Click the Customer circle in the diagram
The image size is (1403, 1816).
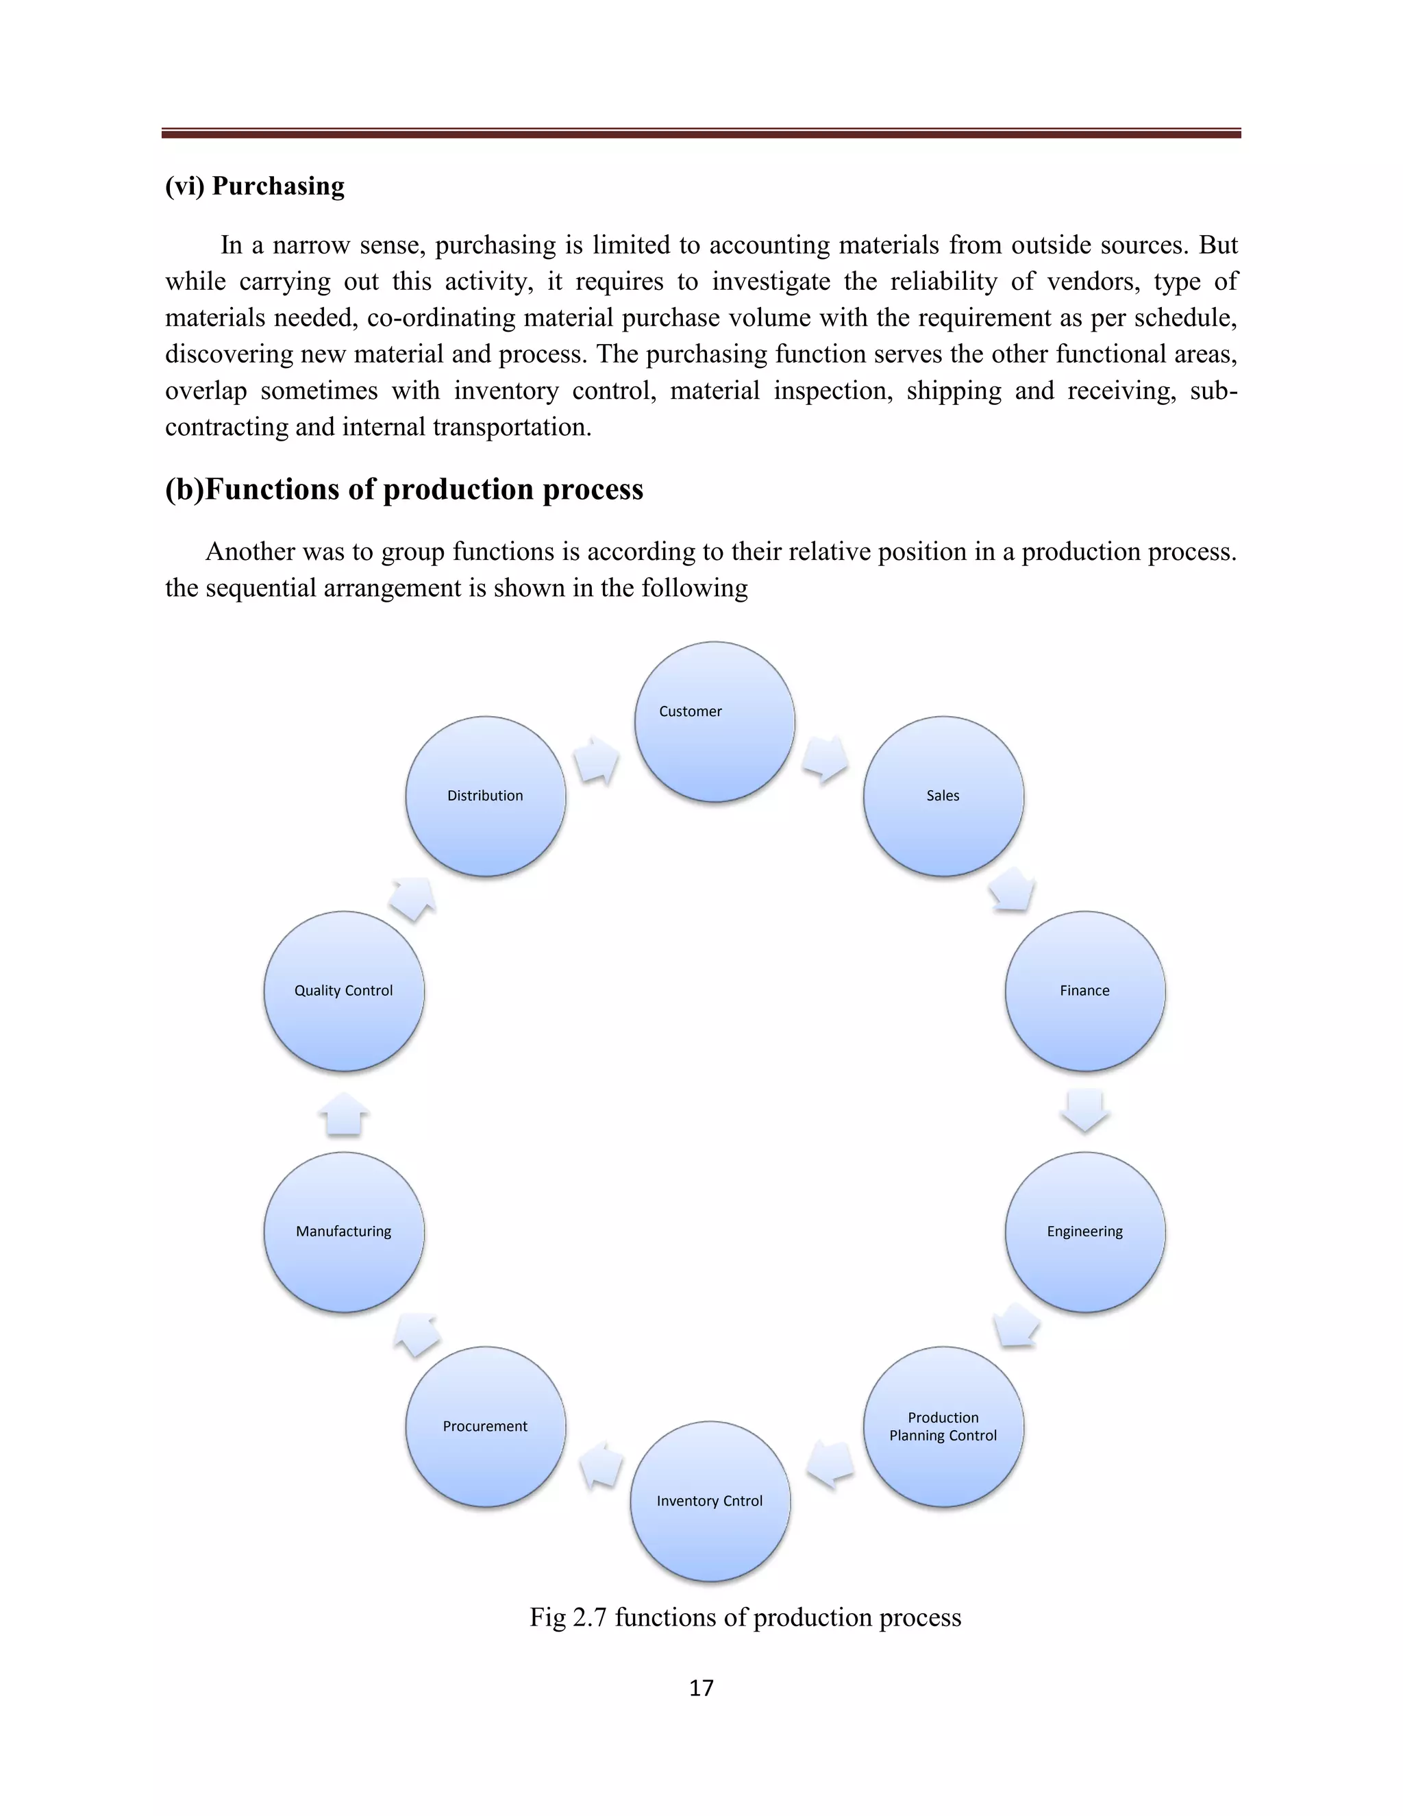[714, 722]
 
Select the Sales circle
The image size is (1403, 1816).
[943, 796]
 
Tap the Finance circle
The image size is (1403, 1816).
[1084, 991]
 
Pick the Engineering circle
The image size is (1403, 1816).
[1084, 1231]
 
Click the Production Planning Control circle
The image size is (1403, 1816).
[943, 1427]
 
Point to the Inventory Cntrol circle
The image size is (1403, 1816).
[710, 1501]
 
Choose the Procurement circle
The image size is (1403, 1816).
[486, 1427]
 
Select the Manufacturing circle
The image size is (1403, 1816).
[344, 1231]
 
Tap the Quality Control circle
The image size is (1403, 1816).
[344, 991]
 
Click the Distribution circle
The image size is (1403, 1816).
[486, 796]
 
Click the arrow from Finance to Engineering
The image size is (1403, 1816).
[1084, 1111]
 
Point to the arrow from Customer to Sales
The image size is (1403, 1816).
[825, 759]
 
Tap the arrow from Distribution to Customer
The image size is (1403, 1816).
[597, 759]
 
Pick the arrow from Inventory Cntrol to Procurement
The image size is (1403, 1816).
[601, 1465]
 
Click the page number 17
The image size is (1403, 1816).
[701, 1688]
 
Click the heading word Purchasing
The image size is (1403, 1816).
[277, 186]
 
